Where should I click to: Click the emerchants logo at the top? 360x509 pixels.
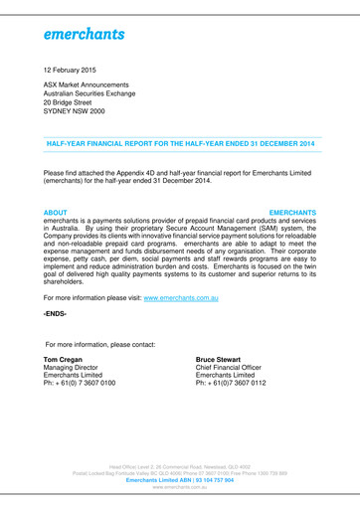pos(84,34)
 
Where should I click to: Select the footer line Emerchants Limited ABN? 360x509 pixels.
pos(180,480)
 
